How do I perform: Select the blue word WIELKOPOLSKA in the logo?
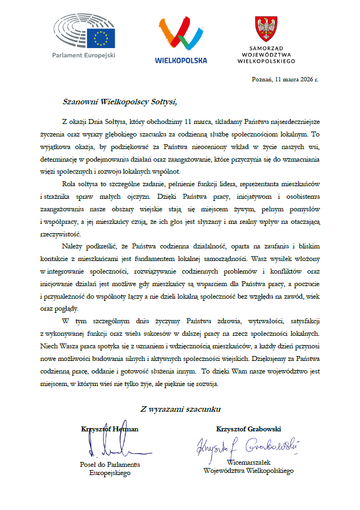click(x=181, y=60)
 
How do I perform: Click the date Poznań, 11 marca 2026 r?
click(x=285, y=79)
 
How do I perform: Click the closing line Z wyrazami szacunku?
click(x=180, y=408)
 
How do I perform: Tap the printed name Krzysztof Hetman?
click(x=109, y=429)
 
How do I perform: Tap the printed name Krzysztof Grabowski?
click(x=249, y=429)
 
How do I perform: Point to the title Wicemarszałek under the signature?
click(x=249, y=462)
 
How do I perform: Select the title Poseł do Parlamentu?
click(x=110, y=465)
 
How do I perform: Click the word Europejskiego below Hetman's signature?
click(x=110, y=473)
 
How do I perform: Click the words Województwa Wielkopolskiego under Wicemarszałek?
click(x=249, y=470)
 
